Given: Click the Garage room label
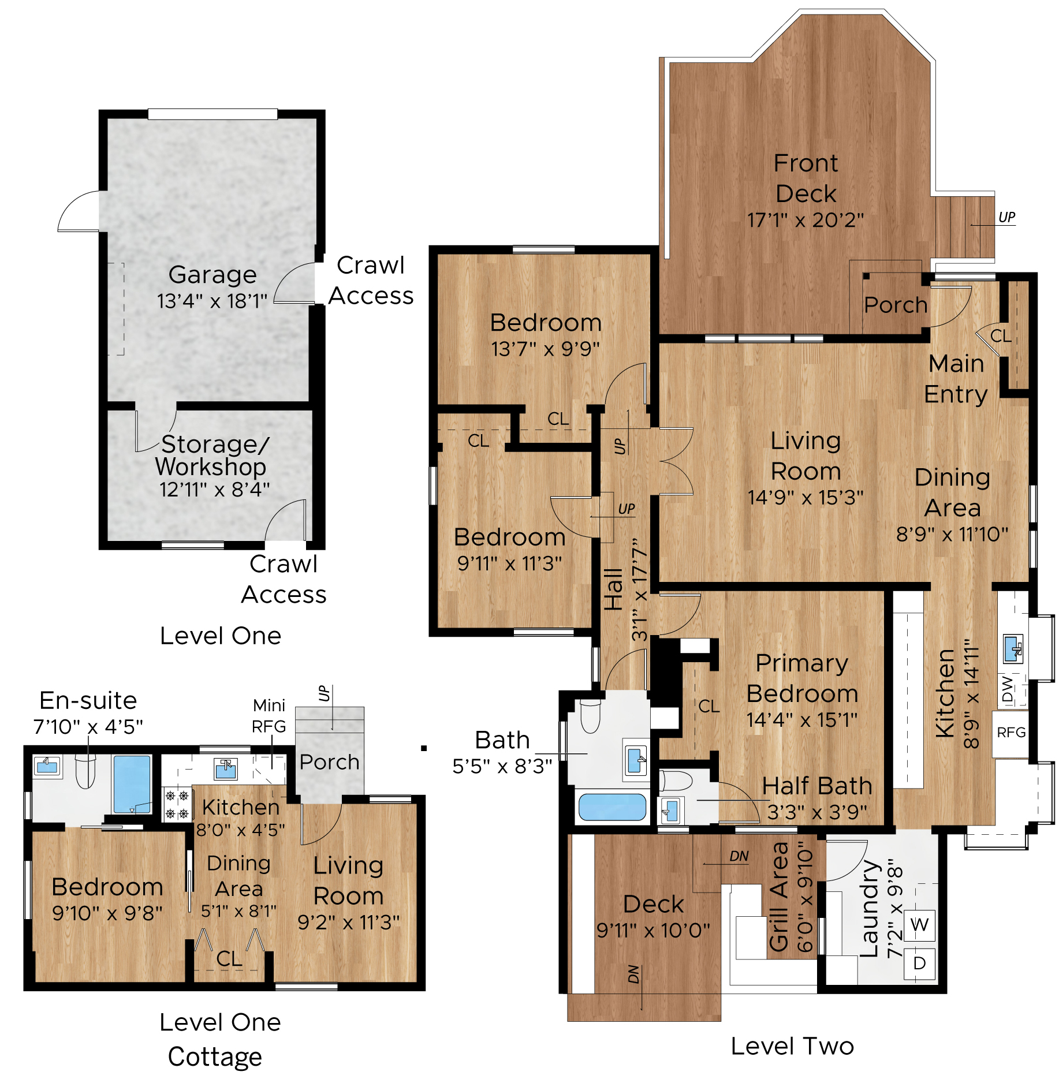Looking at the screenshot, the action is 212,275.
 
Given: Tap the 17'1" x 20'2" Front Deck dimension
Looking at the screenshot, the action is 806,220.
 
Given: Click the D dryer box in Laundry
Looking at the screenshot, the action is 919,964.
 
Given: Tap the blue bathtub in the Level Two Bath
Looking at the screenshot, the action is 612,807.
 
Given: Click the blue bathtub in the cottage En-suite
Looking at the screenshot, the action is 132,783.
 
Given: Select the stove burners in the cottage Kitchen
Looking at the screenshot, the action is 177,805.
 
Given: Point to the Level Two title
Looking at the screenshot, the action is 792,1046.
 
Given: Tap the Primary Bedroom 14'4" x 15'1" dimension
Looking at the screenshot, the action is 802,720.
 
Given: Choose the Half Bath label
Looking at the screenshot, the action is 816,786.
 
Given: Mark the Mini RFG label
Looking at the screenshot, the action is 269,716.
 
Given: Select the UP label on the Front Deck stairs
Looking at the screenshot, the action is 1006,217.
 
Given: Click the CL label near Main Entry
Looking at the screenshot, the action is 1001,336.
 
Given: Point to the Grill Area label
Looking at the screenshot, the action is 780,897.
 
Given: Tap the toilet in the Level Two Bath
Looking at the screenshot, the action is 590,716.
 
